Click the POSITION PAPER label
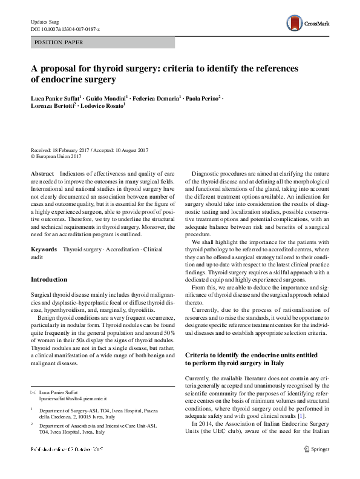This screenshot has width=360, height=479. pos(59,42)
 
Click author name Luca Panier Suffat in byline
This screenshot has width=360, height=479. pos(57,99)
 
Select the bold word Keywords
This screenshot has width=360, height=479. pos(44,249)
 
